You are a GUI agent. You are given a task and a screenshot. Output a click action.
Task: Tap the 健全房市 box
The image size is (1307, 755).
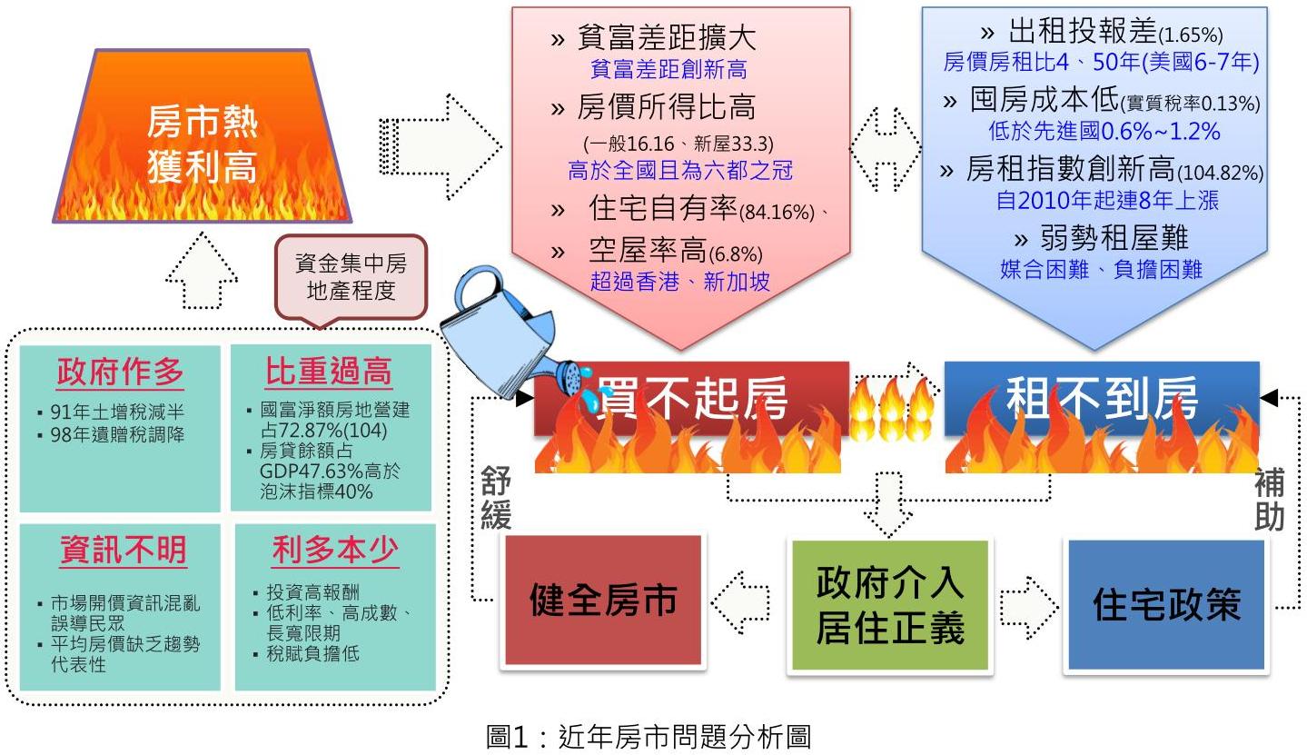click(603, 601)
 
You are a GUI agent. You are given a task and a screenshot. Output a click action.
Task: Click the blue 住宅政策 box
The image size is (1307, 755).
click(1166, 605)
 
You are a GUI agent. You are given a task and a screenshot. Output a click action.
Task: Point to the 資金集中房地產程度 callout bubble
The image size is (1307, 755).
click(351, 278)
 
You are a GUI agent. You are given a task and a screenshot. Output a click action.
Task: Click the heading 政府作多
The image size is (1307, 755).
click(120, 372)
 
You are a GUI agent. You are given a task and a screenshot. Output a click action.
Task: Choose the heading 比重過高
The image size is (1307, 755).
click(329, 372)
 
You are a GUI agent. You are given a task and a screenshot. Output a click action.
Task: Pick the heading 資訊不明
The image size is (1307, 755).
click(123, 550)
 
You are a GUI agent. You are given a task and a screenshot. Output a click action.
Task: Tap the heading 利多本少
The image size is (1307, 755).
click(334, 550)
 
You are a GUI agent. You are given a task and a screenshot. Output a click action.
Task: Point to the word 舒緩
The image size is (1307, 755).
click(496, 499)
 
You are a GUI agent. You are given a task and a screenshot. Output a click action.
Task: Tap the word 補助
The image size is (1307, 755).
click(1269, 499)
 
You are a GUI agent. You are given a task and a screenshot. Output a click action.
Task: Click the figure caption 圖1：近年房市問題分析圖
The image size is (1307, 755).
click(648, 735)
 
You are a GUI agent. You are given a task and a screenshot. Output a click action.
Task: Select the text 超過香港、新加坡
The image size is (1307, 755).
click(680, 281)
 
